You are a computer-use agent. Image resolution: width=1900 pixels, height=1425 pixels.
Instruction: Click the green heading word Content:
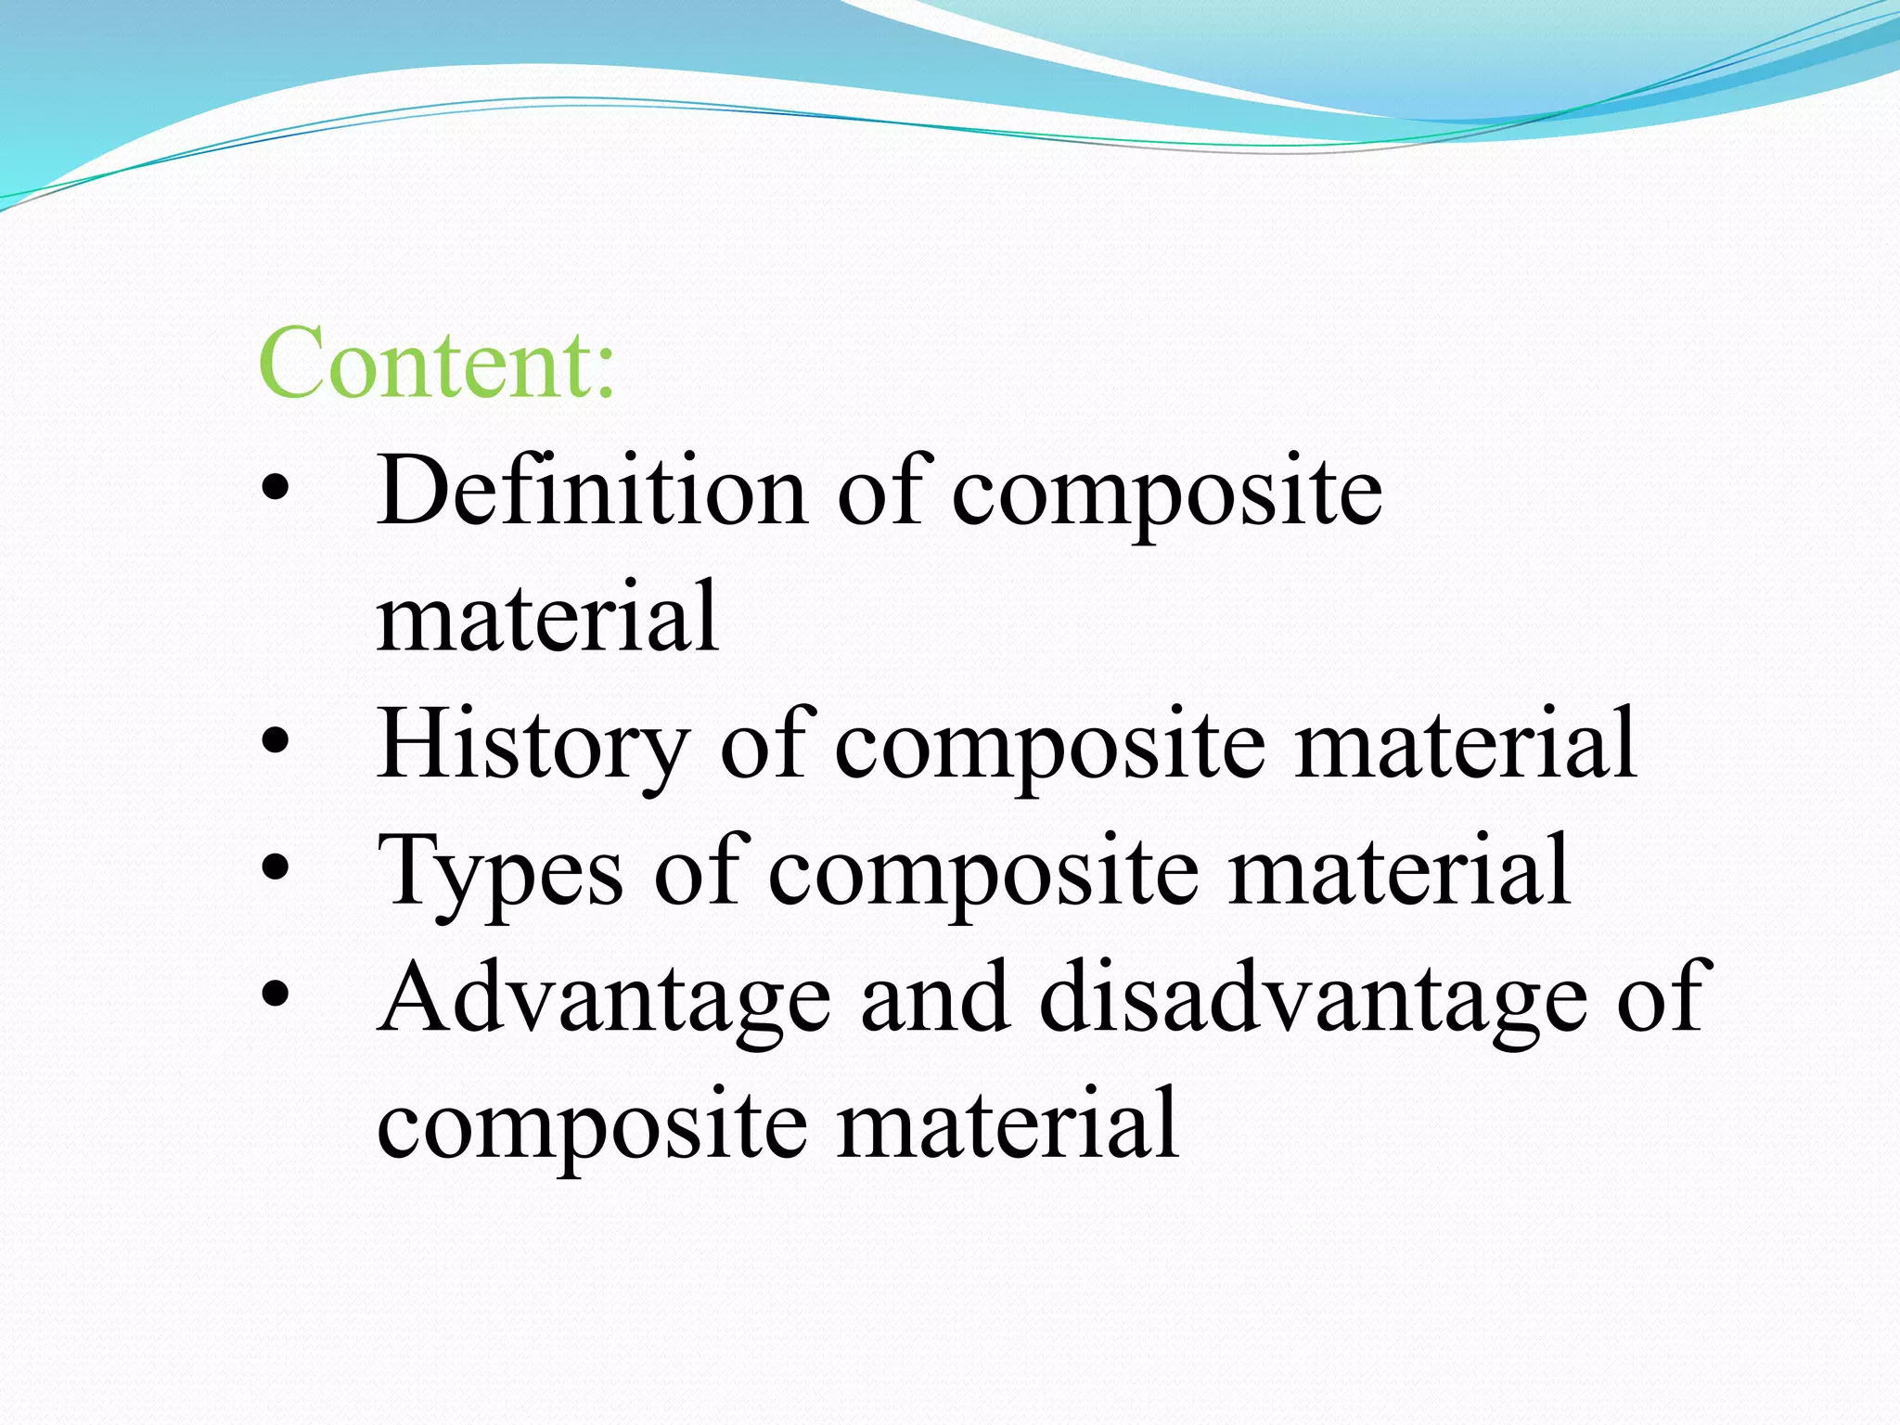436,364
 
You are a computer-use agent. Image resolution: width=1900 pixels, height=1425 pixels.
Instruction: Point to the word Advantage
604,998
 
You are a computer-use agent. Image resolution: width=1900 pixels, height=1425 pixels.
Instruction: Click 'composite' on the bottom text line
592,1127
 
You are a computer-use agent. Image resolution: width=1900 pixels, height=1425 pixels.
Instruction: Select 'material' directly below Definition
547,616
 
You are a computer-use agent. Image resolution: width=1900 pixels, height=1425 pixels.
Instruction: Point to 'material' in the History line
1466,744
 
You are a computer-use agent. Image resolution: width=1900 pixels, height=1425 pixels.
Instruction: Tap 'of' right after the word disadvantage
1659,998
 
